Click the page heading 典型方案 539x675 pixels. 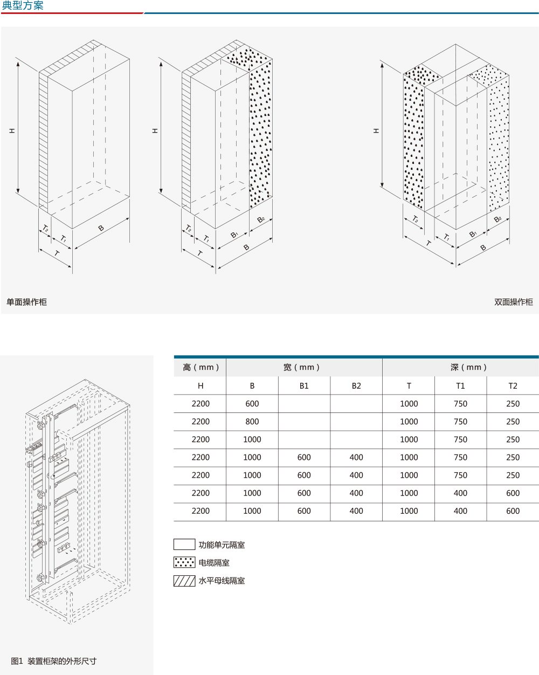(x=23, y=6)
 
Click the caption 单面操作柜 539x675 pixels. (x=26, y=302)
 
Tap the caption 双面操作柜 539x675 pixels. (x=513, y=302)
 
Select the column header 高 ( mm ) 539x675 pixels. (x=201, y=367)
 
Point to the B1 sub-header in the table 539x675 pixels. (x=304, y=386)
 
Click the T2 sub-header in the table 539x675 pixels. (x=513, y=386)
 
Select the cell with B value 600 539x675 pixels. (x=252, y=404)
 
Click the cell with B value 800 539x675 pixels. (x=252, y=422)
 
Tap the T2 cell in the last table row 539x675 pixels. (x=513, y=511)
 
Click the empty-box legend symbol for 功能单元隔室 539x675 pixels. (x=184, y=545)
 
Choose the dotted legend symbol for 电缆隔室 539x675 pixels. (x=184, y=562)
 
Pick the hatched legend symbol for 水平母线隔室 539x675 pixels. (x=184, y=581)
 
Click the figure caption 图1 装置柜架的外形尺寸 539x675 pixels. (x=54, y=661)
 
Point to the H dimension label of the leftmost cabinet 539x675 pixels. (x=12, y=131)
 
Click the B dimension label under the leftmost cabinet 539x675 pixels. (x=101, y=229)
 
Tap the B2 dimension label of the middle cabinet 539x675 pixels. (x=261, y=219)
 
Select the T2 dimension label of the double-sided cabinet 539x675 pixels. (x=415, y=219)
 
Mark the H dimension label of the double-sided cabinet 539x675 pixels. (x=376, y=131)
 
